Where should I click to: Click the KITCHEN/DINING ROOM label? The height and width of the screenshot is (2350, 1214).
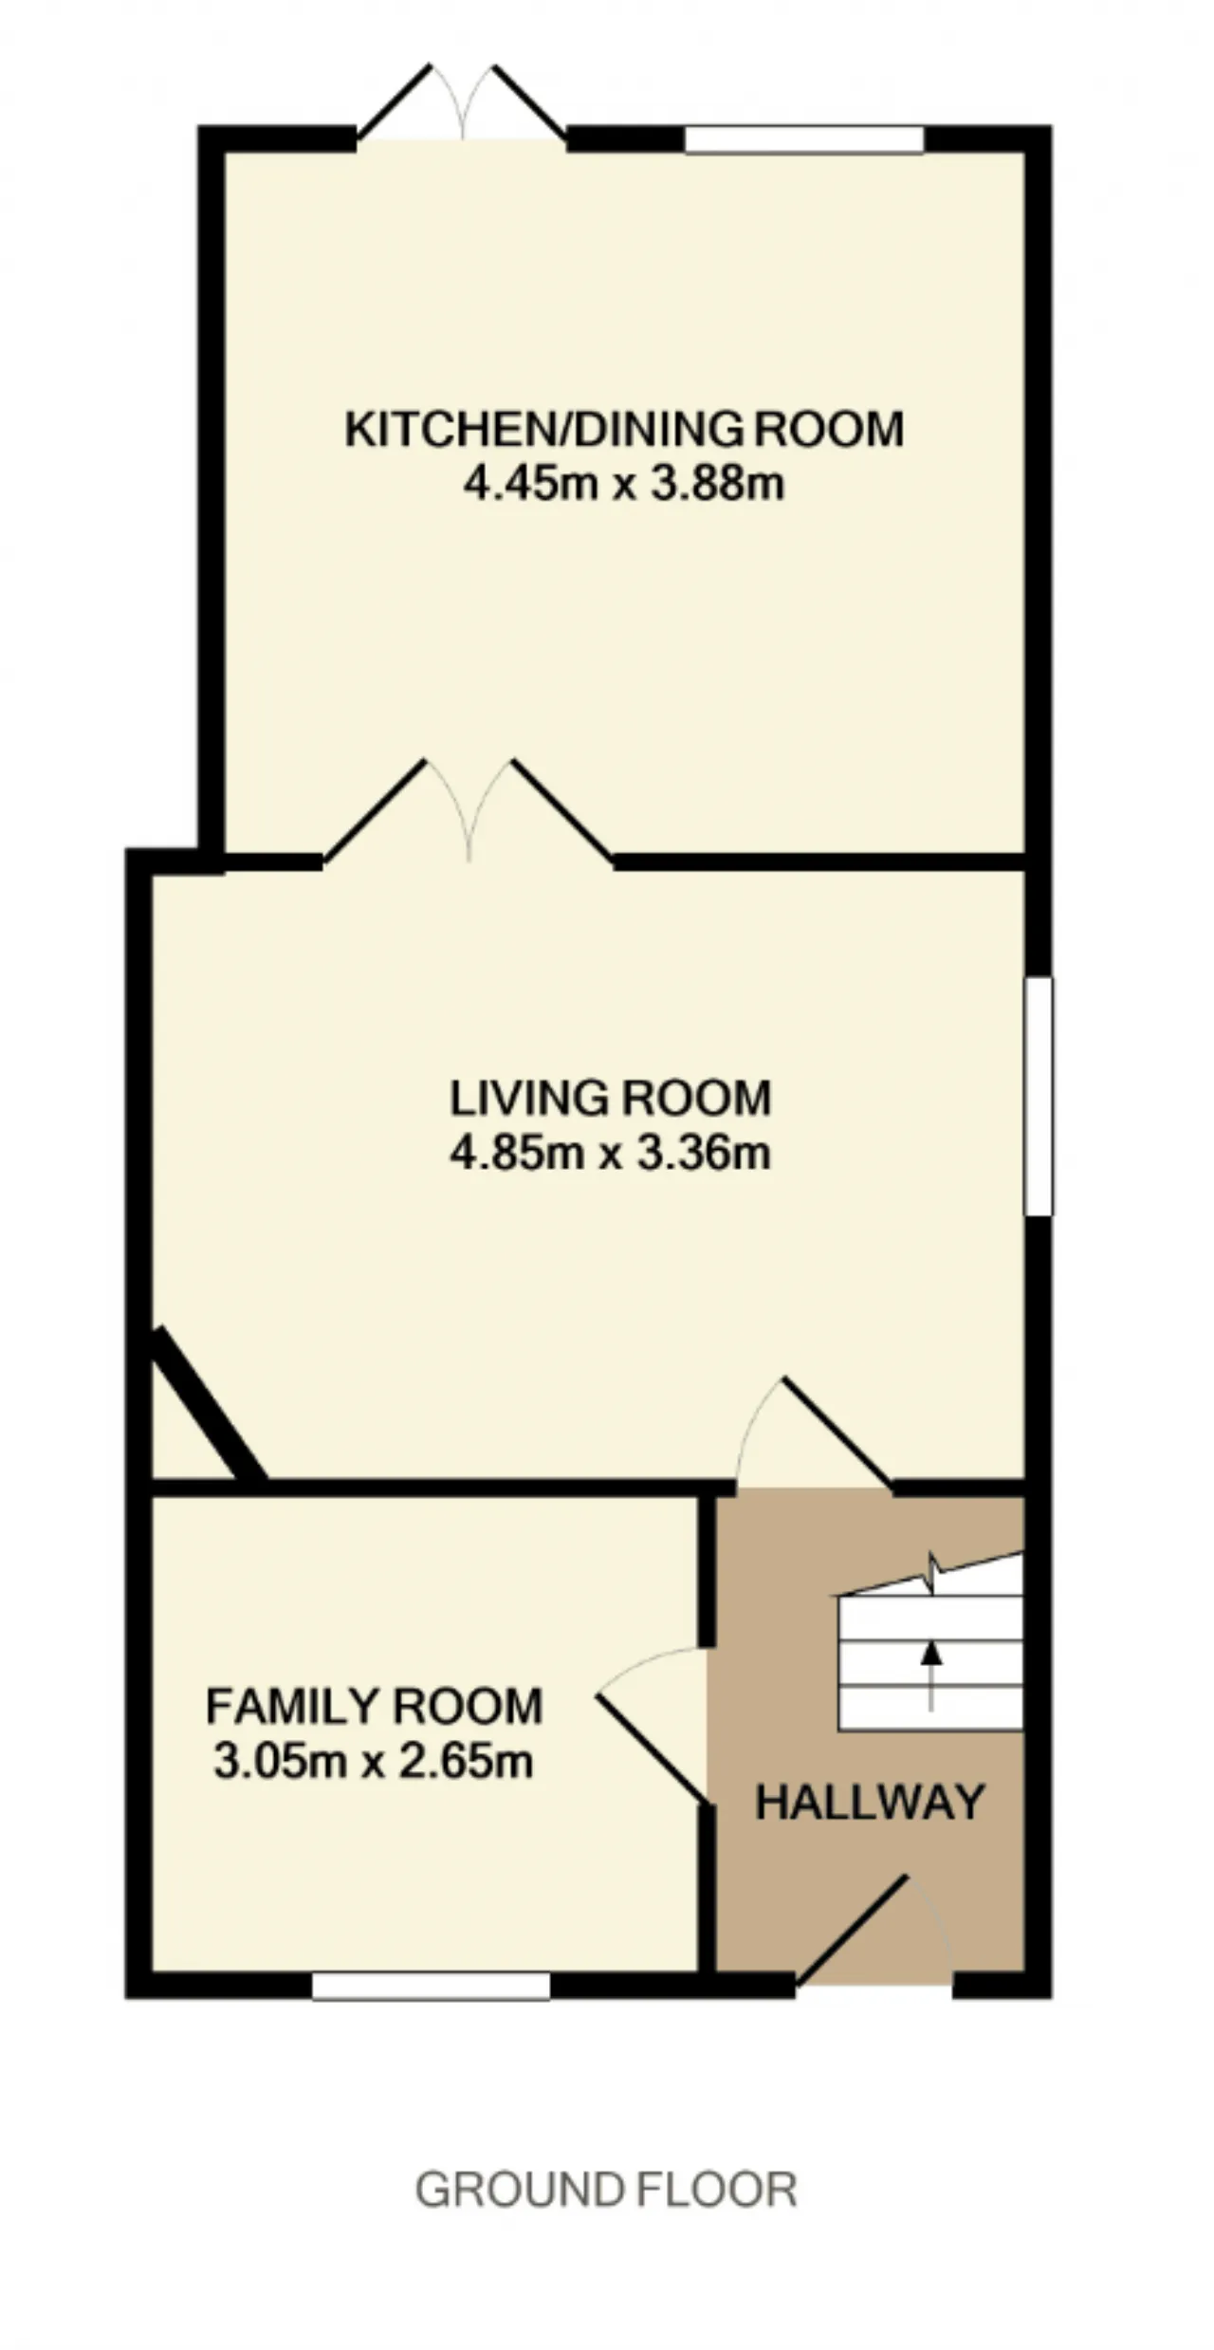coord(624,430)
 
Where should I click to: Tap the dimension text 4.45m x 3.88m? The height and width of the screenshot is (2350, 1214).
coord(624,485)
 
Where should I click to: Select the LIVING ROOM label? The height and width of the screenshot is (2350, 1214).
coord(611,1099)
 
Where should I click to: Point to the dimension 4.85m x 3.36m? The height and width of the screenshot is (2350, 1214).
coord(611,1154)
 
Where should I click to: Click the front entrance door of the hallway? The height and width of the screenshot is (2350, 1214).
coord(874,1930)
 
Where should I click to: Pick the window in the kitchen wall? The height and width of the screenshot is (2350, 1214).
coord(804,139)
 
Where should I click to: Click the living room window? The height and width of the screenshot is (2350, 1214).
coord(1039,1096)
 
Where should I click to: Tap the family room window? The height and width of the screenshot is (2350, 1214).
coord(432,1986)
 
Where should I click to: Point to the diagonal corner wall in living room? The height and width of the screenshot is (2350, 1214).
coord(209,1403)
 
